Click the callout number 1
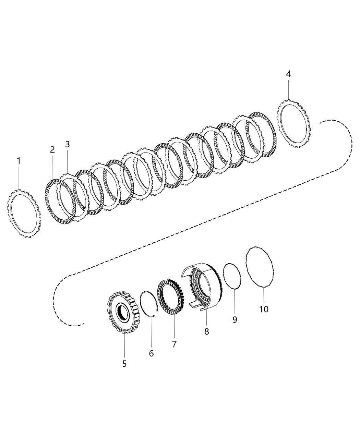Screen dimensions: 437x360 pyautogui.click(x=19, y=161)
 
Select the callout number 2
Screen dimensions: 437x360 pyautogui.click(x=52, y=150)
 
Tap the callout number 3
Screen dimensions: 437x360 pyautogui.click(x=67, y=144)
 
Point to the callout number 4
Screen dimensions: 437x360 pyautogui.click(x=289, y=74)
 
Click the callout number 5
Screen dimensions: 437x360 pyautogui.click(x=124, y=364)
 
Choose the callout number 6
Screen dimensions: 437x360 pyautogui.click(x=151, y=353)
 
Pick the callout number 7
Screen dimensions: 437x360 pyautogui.click(x=174, y=344)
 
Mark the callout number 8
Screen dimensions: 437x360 pyautogui.click(x=206, y=331)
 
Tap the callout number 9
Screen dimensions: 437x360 pyautogui.click(x=235, y=319)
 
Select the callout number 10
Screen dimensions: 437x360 pyautogui.click(x=264, y=309)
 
